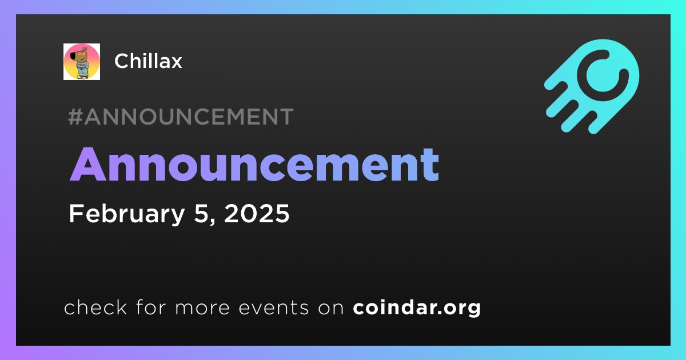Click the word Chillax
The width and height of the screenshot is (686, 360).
tap(148, 61)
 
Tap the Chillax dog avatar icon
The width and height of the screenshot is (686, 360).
tap(82, 62)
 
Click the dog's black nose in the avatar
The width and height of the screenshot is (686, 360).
tap(73, 56)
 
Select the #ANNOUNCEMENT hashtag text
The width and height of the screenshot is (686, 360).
tap(181, 117)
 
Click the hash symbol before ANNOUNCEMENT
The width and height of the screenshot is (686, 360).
tap(75, 117)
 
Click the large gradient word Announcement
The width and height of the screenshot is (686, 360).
tap(254, 165)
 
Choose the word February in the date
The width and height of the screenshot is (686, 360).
tap(127, 214)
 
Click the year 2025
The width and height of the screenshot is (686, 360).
tap(257, 213)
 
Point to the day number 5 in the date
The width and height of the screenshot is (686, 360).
tap(201, 213)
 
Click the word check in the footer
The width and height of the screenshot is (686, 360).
tap(95, 307)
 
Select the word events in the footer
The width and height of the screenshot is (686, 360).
tap(273, 307)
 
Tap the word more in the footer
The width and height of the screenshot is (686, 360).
tap(202, 308)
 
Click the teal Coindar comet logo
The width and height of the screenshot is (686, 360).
tap(592, 86)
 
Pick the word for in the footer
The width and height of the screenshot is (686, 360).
tap(151, 307)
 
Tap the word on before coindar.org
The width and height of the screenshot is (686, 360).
tap(331, 308)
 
